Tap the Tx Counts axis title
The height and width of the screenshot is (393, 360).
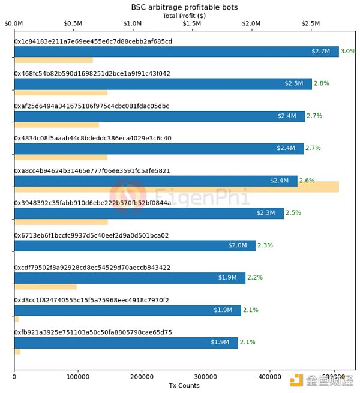point(184,385)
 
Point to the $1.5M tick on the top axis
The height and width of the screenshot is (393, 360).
point(192,23)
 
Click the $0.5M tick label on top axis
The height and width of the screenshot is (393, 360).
point(73,23)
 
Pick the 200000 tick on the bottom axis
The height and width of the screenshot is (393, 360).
point(142,376)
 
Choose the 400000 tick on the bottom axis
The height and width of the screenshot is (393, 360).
point(269,376)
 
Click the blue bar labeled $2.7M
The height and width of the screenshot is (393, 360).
point(176,51)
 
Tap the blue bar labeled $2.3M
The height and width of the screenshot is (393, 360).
point(149,213)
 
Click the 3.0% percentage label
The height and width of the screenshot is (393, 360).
point(348,51)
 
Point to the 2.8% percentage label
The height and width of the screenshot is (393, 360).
point(321,83)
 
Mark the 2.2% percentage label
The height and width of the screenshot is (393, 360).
point(255,278)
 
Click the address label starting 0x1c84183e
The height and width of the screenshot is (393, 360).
point(93,41)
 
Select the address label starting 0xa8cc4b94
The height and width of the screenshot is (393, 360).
point(92,171)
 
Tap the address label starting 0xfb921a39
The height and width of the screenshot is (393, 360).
point(93,332)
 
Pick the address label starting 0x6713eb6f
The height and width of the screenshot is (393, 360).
point(91,236)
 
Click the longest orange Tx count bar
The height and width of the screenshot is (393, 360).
point(176,187)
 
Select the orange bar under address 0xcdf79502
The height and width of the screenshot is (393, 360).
point(45,287)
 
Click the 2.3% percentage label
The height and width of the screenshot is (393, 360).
point(265,245)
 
